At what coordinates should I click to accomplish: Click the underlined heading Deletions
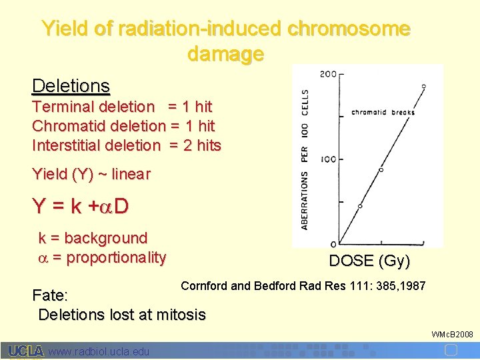tap(71, 86)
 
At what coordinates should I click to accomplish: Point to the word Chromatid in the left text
tap(64, 126)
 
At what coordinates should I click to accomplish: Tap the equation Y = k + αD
tap(80, 207)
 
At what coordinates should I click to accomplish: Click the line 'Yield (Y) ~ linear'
tap(91, 175)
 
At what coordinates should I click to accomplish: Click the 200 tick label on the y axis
tap(327, 74)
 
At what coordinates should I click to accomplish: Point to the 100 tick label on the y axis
tap(327, 159)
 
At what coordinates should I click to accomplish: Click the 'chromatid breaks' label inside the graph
tap(383, 112)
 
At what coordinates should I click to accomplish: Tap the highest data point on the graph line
tap(423, 87)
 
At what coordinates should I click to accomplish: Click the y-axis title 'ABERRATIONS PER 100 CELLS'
tap(305, 160)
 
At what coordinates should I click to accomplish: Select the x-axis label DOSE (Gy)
tap(369, 261)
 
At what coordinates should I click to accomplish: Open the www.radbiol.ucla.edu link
tap(99, 351)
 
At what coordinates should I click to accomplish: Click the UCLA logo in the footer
tap(26, 351)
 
